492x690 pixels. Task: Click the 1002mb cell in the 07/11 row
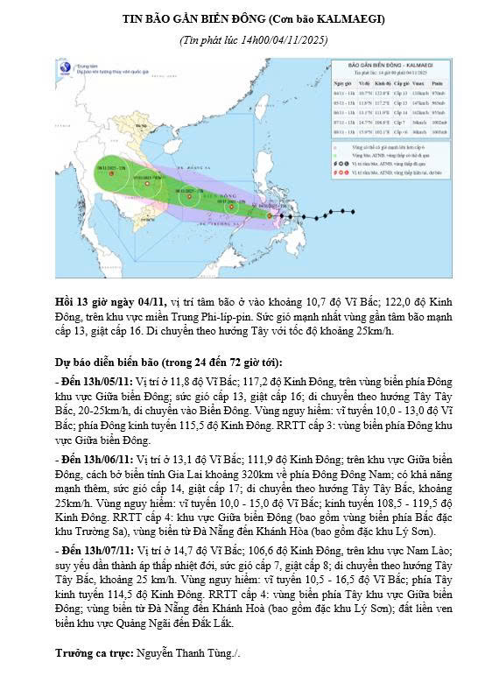point(437,123)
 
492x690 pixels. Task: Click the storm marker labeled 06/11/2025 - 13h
point(189,196)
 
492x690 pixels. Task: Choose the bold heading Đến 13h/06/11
point(92,458)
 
